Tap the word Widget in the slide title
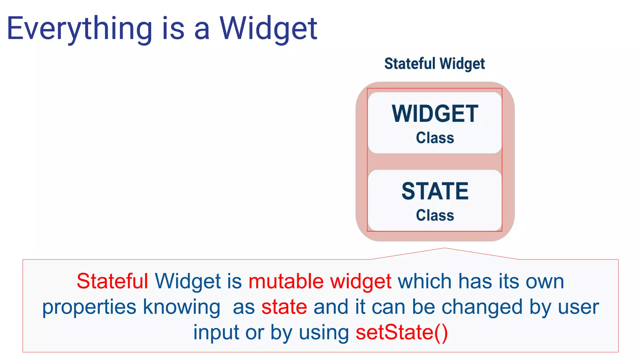coord(268,29)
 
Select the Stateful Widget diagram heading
coord(434,64)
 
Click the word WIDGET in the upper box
coord(435,114)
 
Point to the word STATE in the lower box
coord(435,191)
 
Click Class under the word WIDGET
coord(435,138)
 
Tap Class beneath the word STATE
coord(435,215)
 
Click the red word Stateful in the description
coord(112,281)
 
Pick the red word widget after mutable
coord(361,281)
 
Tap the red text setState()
coord(402,332)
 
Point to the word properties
coord(89,307)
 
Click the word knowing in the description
coord(182,307)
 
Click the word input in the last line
coord(216,332)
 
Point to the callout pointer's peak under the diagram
coord(445,248)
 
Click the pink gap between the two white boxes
coord(435,162)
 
